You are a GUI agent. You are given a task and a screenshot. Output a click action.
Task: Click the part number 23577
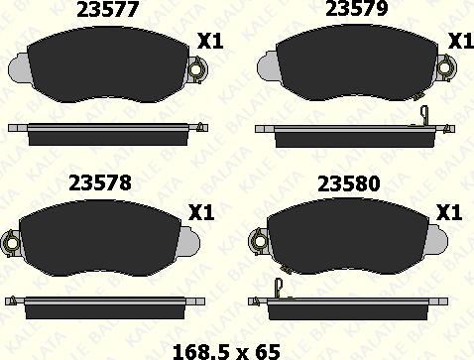107,10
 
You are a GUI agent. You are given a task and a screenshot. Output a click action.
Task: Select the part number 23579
356,9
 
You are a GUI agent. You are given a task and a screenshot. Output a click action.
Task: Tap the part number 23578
100,182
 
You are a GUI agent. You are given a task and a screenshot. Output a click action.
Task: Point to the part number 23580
349,184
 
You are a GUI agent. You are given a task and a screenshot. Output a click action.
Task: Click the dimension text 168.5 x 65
226,352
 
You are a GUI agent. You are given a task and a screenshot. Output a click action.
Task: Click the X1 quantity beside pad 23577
210,42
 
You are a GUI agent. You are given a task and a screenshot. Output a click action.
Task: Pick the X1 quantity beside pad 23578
201,212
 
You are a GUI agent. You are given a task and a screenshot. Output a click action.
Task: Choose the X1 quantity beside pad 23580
449,212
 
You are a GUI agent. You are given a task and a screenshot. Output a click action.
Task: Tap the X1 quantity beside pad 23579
461,41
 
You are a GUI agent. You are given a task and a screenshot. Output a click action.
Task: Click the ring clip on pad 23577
196,69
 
